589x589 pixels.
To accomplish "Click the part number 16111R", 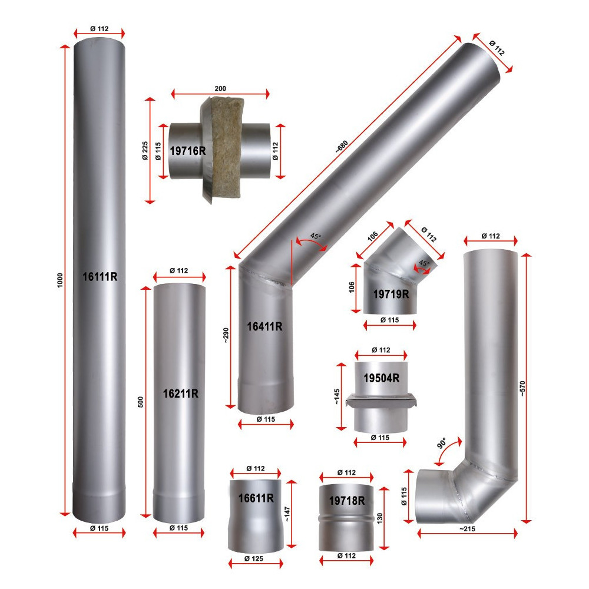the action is tap(100, 277).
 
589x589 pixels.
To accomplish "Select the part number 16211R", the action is tap(180, 393).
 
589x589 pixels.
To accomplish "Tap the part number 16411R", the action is tap(264, 326).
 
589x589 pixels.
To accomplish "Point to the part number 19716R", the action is tap(188, 151).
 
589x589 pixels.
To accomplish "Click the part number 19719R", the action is tap(391, 294).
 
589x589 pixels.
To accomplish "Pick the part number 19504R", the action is tap(382, 378).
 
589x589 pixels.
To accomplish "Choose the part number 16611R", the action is tap(256, 498).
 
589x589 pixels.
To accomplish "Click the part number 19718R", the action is tap(347, 500).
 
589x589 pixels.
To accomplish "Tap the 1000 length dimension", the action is tap(60, 280).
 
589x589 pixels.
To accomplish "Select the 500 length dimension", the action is tap(141, 402).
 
